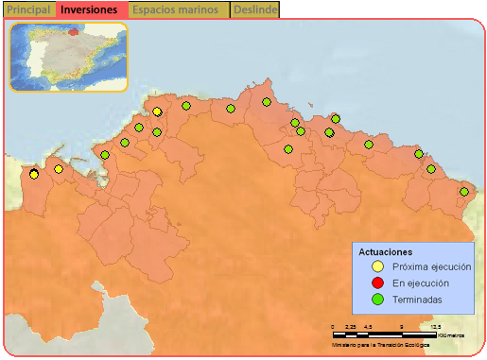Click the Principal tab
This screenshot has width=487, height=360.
point(27,9)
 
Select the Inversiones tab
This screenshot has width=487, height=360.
point(89,9)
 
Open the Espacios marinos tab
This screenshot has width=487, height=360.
point(179,9)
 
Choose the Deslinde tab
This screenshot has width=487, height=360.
point(255,9)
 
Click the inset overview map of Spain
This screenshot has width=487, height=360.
point(68,57)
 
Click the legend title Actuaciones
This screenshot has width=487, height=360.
point(385,252)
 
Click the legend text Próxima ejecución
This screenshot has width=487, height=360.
point(425,267)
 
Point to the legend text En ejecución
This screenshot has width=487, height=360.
point(420,283)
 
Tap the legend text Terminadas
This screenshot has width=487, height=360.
point(416,300)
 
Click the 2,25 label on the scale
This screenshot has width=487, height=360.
point(350,327)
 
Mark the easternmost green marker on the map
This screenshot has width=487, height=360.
point(464,192)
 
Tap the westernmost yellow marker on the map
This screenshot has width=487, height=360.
point(34,174)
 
